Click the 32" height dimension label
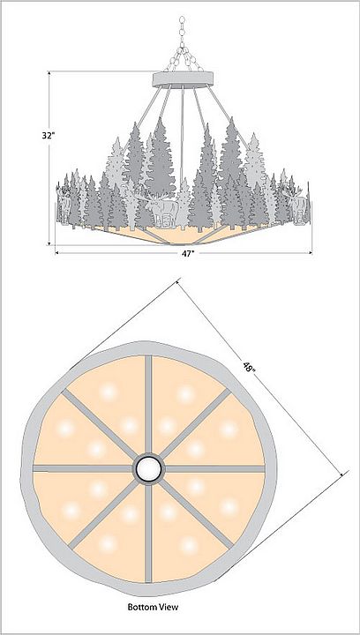pos(49,136)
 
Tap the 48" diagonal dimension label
pos(249,367)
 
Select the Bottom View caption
pos(153,607)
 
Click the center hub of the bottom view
pos(148,468)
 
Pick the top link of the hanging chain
pos(182,19)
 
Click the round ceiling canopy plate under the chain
pos(183,79)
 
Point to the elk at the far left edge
pos(64,205)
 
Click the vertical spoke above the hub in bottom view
pos(148,405)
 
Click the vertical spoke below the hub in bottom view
pos(148,533)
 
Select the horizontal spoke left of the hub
pos(84,468)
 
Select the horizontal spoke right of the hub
pos(214,468)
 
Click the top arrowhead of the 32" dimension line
pos(49,74)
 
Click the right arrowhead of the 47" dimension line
pos(310,253)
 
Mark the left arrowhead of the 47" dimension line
pos(57,253)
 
